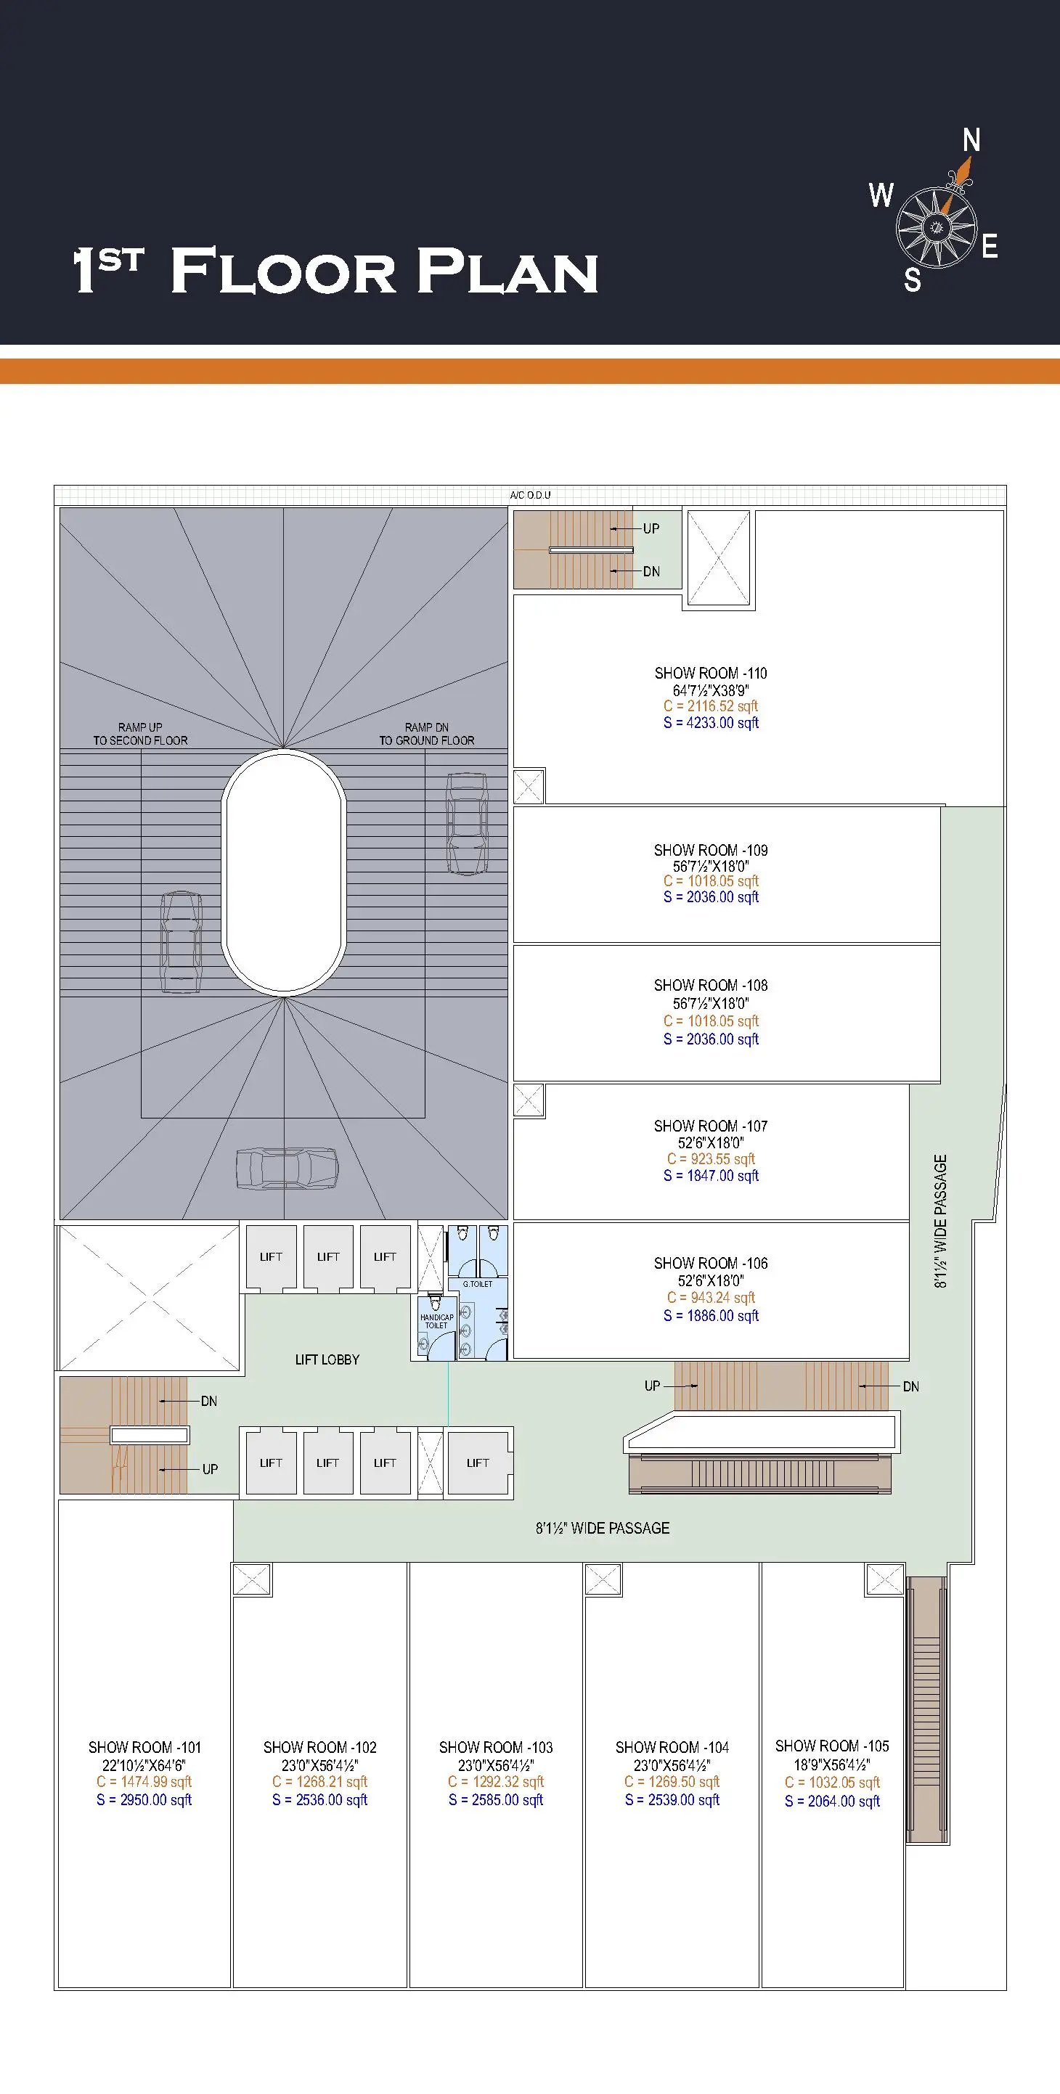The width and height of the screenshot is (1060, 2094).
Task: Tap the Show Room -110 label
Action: (x=711, y=673)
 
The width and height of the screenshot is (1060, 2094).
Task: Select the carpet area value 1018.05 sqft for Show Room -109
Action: (x=711, y=880)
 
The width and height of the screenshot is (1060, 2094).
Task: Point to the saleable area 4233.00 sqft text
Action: (x=711, y=723)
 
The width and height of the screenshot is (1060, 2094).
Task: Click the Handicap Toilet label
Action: (x=436, y=1321)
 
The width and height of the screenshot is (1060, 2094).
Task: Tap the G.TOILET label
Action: (x=477, y=1285)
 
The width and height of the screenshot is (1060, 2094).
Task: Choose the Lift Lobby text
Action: (x=327, y=1359)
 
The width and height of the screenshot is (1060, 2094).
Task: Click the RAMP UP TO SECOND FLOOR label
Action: (x=140, y=734)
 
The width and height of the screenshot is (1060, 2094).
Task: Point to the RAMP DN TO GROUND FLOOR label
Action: (x=427, y=734)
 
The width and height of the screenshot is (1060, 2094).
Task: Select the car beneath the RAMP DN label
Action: (x=467, y=824)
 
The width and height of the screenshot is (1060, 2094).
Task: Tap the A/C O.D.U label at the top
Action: (x=530, y=495)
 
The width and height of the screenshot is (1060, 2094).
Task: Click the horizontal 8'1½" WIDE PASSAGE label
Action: (x=603, y=1529)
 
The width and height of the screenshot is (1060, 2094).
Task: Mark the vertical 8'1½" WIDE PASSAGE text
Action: (x=940, y=1222)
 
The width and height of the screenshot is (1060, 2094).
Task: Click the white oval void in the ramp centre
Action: (x=284, y=874)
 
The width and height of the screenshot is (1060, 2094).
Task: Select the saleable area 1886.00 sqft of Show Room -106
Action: (x=711, y=1315)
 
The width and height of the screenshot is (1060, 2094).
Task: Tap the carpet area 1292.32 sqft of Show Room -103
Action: (x=496, y=1782)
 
